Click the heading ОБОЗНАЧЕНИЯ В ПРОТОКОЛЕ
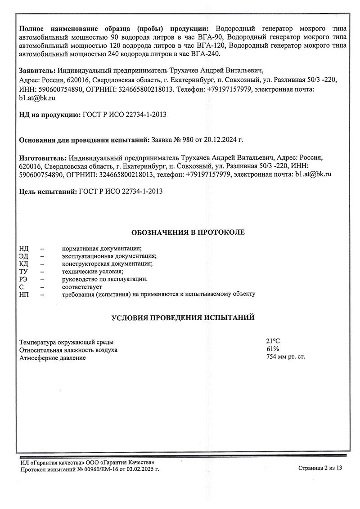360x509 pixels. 188,232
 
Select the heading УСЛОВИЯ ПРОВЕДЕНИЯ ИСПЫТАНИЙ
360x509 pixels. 183,318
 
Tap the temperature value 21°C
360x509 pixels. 274,341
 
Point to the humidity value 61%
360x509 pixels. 273,349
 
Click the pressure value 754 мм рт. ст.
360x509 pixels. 286,357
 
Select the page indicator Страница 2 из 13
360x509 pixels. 320,468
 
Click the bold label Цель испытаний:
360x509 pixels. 48,191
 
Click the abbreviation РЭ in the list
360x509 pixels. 23,279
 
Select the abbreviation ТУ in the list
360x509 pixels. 23,271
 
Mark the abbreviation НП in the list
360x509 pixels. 24,294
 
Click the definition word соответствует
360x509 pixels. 82,286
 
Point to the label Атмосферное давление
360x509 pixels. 52,358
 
